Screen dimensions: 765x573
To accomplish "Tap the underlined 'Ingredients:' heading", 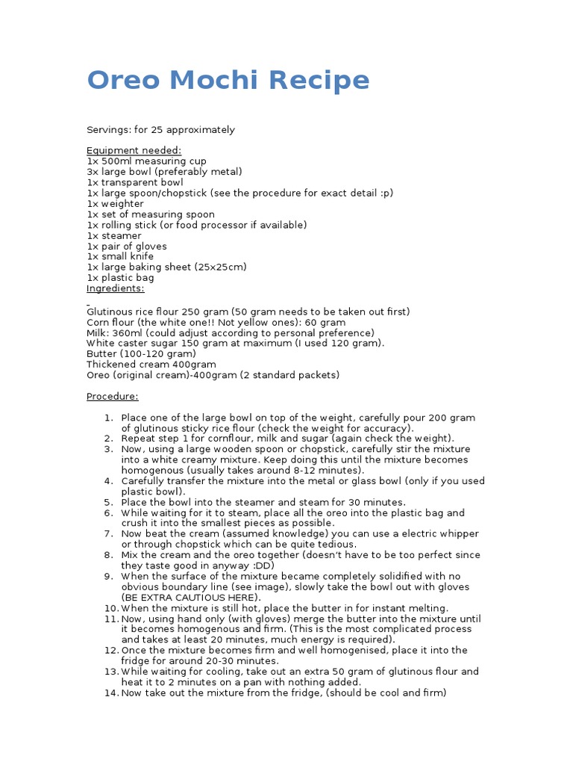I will pyautogui.click(x=116, y=288).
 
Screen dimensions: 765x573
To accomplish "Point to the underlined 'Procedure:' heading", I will pyautogui.click(x=113, y=396).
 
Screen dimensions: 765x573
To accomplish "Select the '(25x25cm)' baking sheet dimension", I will pyautogui.click(x=222, y=267).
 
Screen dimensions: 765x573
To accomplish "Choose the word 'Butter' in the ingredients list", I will pyautogui.click(x=101, y=353).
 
